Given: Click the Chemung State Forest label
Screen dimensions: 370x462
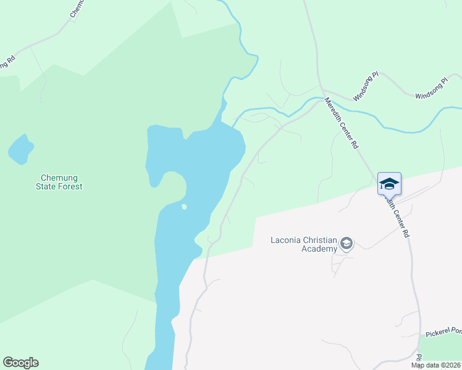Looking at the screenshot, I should point(59,181).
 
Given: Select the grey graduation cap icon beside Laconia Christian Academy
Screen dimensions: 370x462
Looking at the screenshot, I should point(347,244).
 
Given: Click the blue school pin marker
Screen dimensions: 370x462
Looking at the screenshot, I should point(389,184).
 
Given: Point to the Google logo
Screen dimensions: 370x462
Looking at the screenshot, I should point(20,363).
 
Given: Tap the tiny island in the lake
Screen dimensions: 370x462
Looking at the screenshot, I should point(184,207).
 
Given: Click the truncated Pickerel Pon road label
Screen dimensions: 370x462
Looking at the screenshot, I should point(443,332).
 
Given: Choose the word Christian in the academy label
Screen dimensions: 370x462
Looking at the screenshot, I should point(319,240).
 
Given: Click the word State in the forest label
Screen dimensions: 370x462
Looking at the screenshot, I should point(46,186).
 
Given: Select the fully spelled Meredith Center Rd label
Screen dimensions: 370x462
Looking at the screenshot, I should point(342,124).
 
